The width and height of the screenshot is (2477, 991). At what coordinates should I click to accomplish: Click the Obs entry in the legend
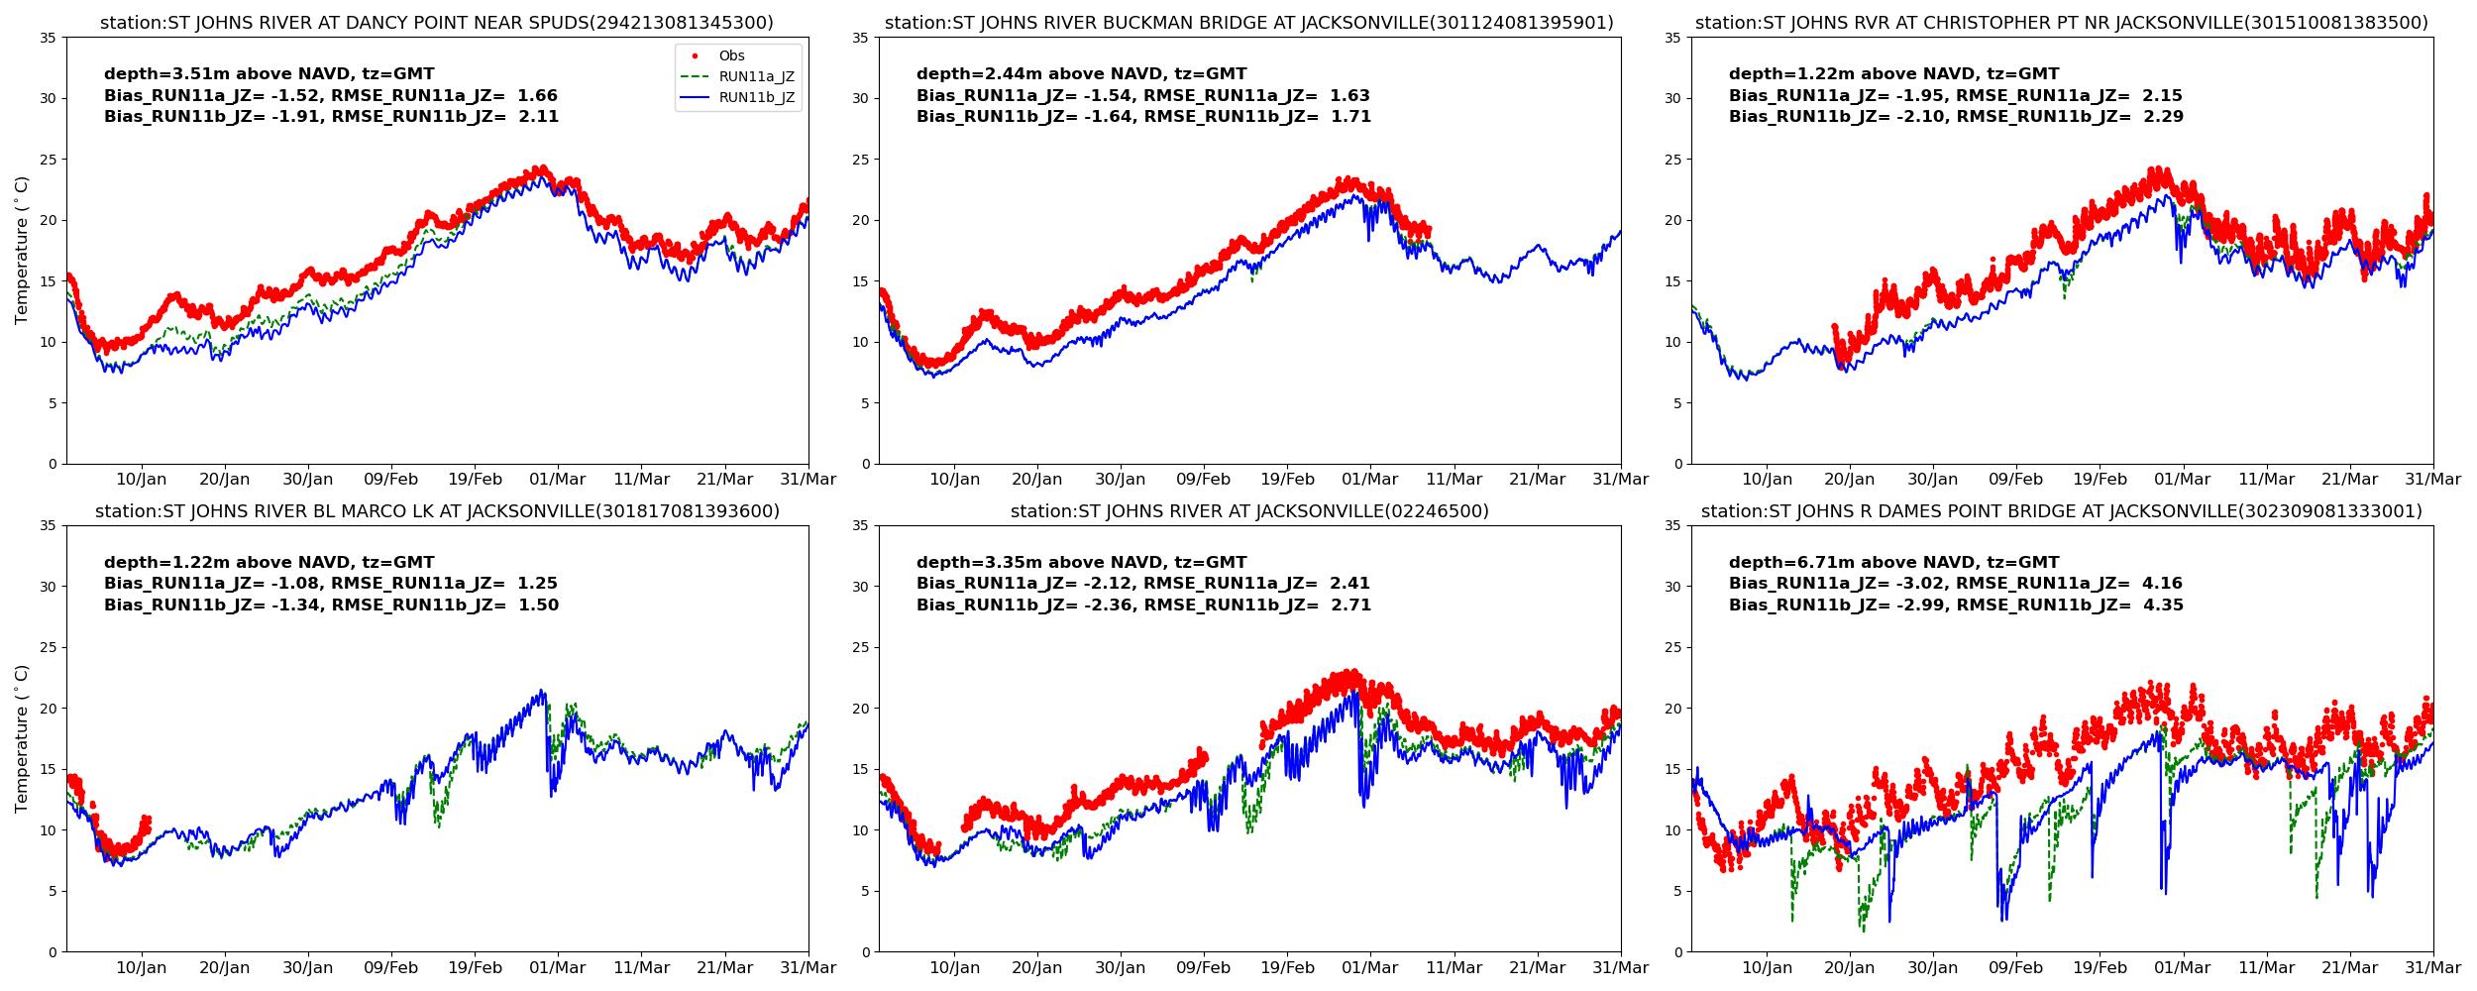pos(731,56)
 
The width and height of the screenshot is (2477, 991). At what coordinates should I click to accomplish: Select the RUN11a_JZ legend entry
pos(756,77)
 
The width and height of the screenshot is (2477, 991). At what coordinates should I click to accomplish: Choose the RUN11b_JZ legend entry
pos(756,98)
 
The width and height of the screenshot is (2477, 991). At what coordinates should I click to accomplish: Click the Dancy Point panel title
pos(437,23)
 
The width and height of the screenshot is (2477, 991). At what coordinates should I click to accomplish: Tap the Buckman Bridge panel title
pos(1249,23)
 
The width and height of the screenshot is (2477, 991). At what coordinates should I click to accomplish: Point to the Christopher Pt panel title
pos(2062,23)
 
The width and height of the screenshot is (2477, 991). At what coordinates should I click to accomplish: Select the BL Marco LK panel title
pos(437,511)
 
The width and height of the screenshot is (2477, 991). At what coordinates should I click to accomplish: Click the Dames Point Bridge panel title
pos(2062,511)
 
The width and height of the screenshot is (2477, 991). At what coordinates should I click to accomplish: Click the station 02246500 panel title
pos(1249,511)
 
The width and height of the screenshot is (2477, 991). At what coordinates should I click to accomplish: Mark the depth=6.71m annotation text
pos(1893,563)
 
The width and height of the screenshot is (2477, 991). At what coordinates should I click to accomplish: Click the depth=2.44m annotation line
pos(1081,74)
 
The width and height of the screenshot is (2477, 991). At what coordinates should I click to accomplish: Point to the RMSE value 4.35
pos(2162,606)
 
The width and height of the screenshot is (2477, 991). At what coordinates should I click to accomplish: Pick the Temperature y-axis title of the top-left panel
pos(22,250)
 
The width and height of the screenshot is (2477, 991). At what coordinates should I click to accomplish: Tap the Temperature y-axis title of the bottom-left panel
pos(22,738)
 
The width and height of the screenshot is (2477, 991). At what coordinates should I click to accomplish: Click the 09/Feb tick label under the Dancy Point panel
pos(391,480)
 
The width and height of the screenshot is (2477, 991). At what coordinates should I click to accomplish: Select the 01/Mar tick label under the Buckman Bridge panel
pos(1370,480)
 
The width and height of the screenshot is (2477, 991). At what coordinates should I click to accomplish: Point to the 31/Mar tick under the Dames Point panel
pos(2432,968)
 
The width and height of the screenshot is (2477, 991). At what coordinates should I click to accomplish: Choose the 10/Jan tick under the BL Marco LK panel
pos(142,968)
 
